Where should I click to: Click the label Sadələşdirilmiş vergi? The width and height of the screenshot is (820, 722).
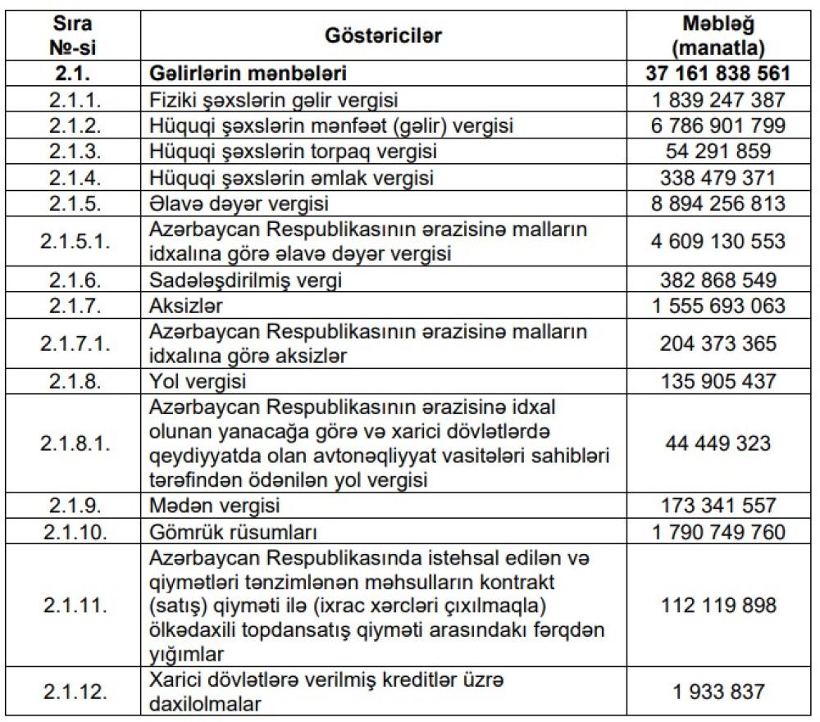(246, 280)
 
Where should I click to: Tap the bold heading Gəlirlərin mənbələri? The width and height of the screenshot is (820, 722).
(248, 75)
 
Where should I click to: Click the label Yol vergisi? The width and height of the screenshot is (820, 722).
(198, 382)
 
